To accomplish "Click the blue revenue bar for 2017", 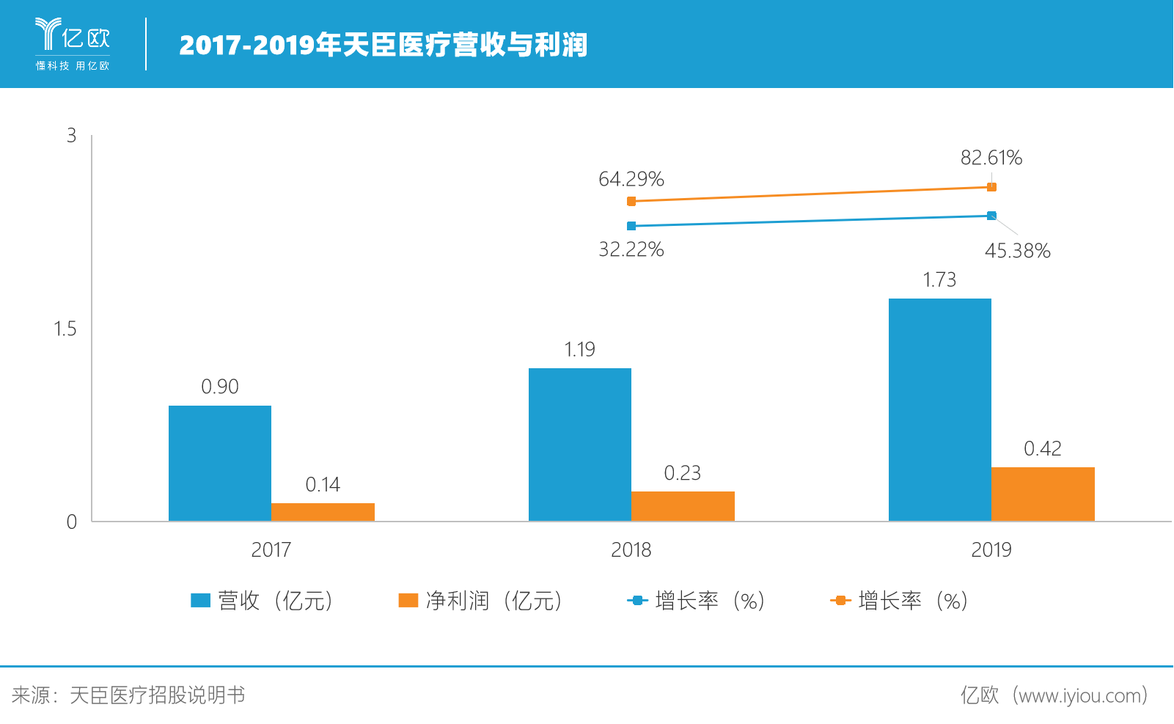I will (220, 464).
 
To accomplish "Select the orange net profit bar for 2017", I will (323, 512).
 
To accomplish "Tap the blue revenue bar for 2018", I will (580, 445).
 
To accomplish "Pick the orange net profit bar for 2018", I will (683, 506).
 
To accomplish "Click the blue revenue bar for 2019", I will (940, 409).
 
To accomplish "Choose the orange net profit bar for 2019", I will (1043, 494).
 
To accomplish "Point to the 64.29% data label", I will (631, 179).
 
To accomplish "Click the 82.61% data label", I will (991, 158).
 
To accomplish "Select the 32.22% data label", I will (631, 250).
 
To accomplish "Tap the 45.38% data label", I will (1017, 251).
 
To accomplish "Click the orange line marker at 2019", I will (991, 187).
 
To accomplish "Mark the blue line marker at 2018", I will (631, 226).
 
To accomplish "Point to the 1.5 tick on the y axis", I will (65, 329).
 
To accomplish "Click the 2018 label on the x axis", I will (631, 550).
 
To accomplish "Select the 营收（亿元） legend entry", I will (263, 601).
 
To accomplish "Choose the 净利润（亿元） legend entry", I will (481, 601).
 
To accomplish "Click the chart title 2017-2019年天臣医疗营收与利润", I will (384, 45).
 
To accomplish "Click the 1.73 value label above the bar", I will (939, 280).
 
